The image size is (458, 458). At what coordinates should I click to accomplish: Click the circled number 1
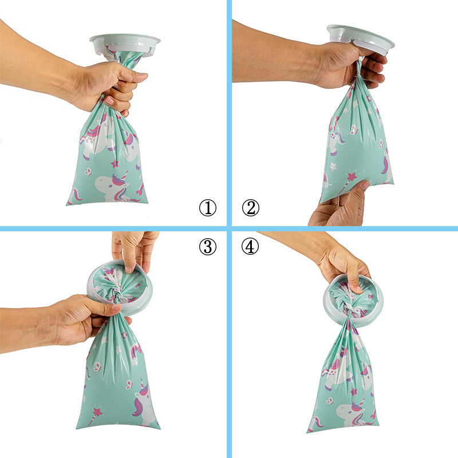[208, 208]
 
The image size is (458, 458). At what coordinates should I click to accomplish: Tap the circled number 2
[251, 208]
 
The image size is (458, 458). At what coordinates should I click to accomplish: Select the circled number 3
[208, 246]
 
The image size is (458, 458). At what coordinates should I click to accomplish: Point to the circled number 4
[250, 246]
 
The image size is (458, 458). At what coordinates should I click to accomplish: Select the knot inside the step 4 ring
[349, 308]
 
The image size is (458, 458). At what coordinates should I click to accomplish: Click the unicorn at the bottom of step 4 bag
[350, 412]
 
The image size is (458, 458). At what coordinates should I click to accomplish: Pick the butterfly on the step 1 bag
[88, 171]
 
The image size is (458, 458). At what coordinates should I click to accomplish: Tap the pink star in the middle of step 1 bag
[114, 164]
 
